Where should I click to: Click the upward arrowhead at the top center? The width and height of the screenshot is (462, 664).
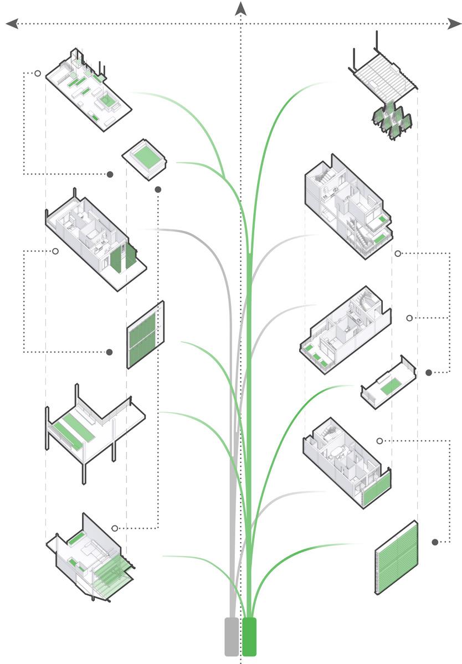click(240, 8)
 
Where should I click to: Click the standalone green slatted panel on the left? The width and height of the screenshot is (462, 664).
click(146, 335)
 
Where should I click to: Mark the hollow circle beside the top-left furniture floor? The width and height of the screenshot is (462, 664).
click(37, 73)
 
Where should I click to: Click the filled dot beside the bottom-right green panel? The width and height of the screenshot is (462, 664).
click(435, 542)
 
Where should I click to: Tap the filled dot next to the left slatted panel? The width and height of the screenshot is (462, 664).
click(109, 352)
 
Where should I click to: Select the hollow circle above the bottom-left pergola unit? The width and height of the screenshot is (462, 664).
click(115, 528)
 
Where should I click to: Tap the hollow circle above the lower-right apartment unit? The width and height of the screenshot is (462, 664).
click(379, 441)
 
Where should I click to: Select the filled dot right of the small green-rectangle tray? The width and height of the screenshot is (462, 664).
click(428, 373)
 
